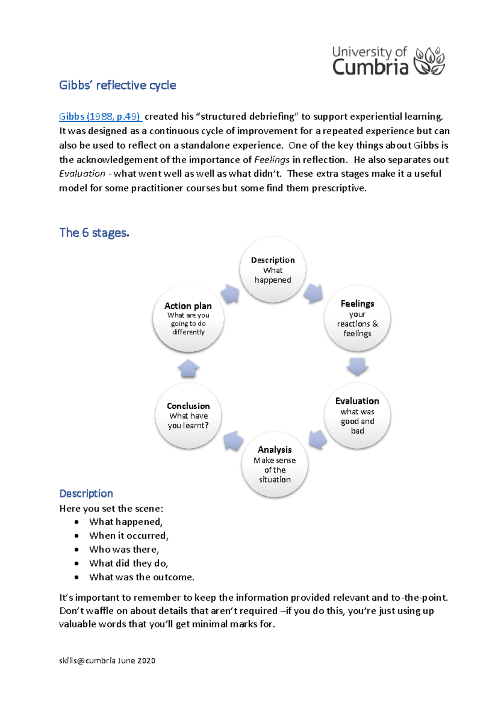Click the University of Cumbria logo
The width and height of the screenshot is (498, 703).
click(388, 61)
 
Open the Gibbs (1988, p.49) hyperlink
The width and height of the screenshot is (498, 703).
click(100, 116)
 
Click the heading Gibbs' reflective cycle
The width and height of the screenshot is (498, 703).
click(117, 85)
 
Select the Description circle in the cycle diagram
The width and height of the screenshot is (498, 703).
click(273, 270)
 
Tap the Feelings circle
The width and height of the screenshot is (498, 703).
click(357, 318)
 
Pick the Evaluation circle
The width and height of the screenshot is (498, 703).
click(357, 416)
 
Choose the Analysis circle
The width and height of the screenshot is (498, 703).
click(275, 464)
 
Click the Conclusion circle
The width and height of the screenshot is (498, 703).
click(188, 416)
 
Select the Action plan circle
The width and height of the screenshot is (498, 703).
click(188, 318)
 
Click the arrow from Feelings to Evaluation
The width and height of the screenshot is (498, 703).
click(357, 366)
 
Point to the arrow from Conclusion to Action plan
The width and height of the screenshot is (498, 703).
click(188, 368)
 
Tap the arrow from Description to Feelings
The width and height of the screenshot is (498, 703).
click(314, 293)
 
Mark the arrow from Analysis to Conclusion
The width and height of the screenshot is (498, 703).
click(233, 441)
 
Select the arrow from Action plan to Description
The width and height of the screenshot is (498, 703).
click(230, 294)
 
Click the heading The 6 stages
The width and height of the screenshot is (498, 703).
click(94, 233)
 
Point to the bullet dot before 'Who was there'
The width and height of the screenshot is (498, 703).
click(76, 550)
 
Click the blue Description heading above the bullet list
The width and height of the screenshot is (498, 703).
click(86, 493)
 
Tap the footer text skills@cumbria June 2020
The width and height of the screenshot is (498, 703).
click(107, 661)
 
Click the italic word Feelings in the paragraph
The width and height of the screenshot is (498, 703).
click(272, 160)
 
